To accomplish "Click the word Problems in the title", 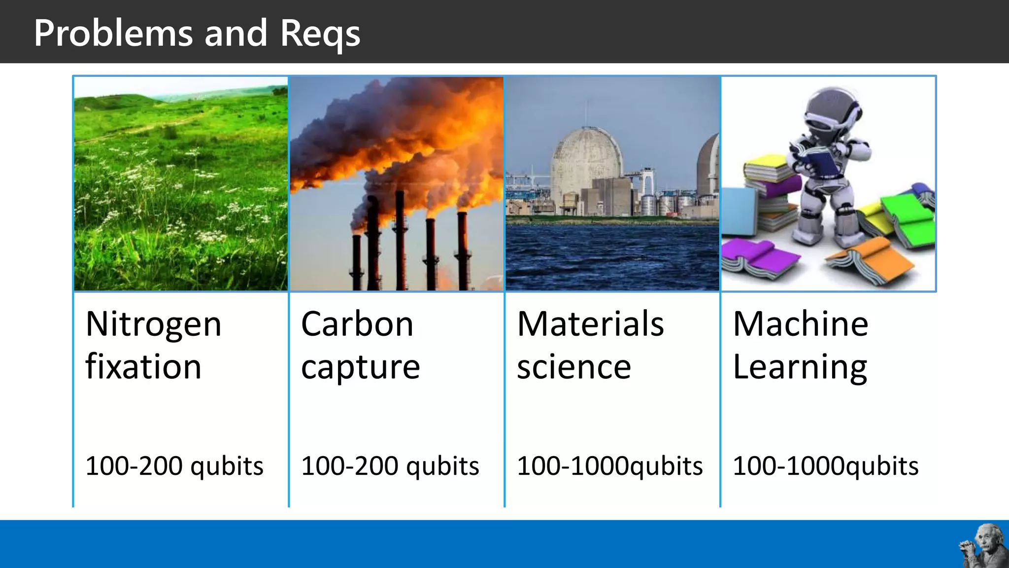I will coord(113,34).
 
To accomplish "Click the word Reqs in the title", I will coord(320,34).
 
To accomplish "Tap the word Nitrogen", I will coord(153,325).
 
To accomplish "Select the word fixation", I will coord(143,367).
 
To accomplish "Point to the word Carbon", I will coord(357,325).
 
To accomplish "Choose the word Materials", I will coord(590,325).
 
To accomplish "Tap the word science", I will coord(574,367).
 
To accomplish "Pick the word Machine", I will coord(801,325).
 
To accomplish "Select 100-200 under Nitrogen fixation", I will coord(134,466).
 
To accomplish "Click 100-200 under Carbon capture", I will coord(349,466).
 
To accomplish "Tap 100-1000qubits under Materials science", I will coord(609,466).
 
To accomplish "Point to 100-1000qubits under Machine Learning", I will coord(825,466).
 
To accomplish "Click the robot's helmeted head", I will coord(833,111).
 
